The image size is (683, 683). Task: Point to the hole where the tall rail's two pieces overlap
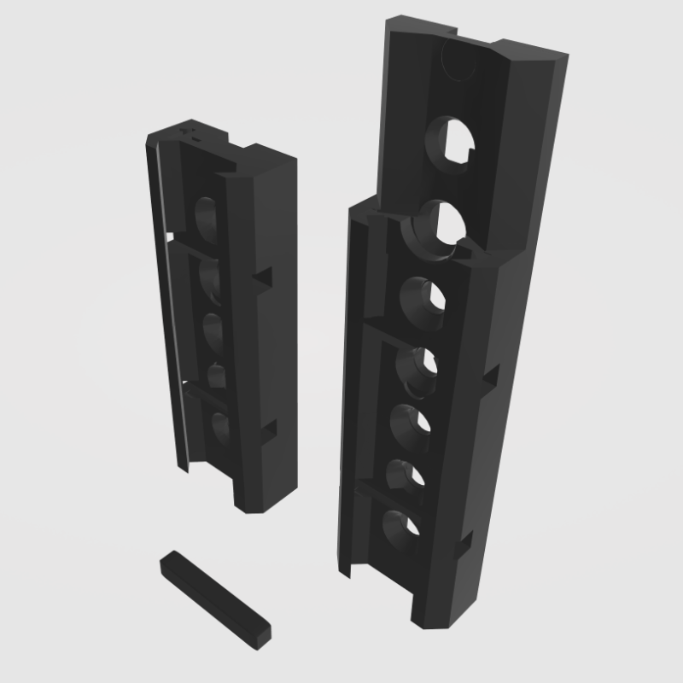[x=441, y=227]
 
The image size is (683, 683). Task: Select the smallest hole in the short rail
[x=216, y=372]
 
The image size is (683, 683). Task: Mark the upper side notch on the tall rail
[x=489, y=377]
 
